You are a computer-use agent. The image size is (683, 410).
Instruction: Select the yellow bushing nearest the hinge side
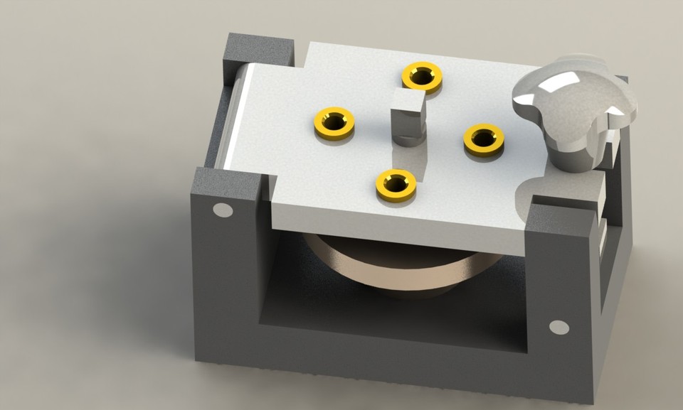(334, 122)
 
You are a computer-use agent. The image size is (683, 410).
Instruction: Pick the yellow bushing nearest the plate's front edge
(396, 183)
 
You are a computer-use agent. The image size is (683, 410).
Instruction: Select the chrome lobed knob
(573, 103)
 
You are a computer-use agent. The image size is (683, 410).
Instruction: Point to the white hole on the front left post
(223, 210)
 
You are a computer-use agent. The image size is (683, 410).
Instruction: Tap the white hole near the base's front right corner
(559, 327)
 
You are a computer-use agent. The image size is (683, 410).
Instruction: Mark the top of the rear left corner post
(258, 48)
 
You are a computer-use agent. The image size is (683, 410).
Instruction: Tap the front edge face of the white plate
(398, 231)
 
